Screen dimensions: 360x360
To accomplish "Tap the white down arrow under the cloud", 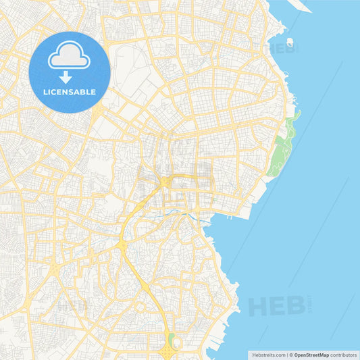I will (66, 78).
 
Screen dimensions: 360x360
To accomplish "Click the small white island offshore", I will (290, 43).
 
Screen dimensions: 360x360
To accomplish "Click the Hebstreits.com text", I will (268, 354).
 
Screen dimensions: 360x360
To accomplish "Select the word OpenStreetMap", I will (311, 354).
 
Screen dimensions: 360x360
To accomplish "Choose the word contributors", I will (343, 354).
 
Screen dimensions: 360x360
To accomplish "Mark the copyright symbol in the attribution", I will (290, 354).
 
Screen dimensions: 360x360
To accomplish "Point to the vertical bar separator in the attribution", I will (286, 354).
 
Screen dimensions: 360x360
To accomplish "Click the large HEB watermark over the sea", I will (276, 305).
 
